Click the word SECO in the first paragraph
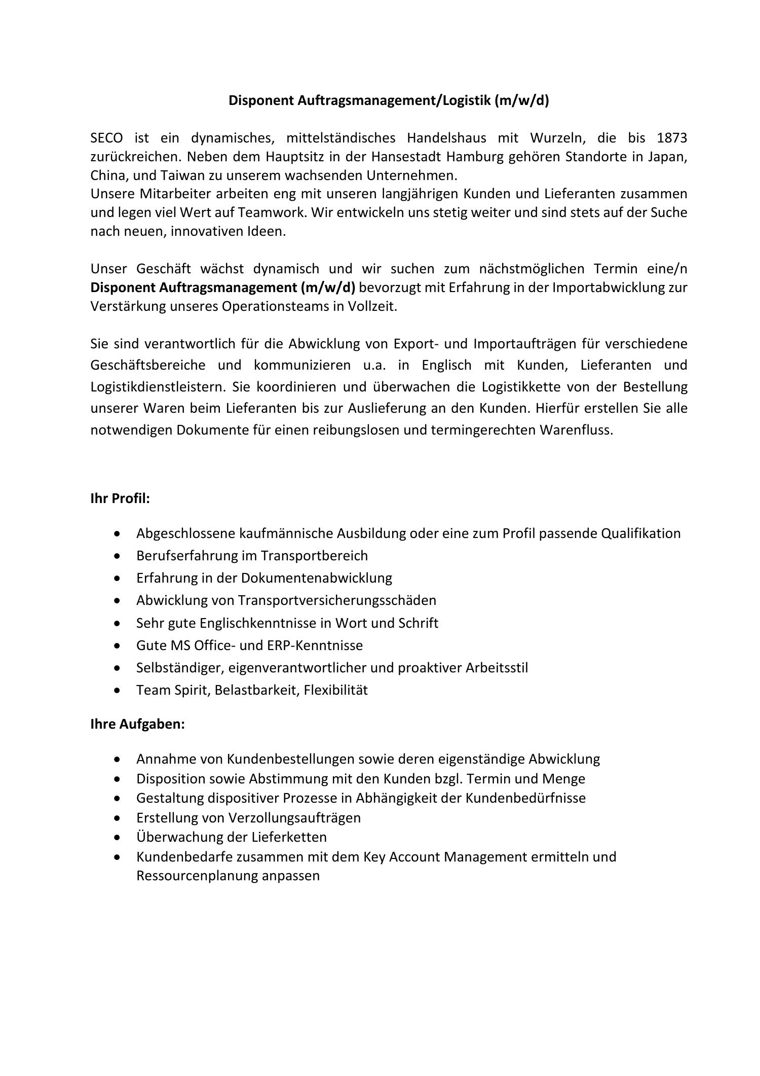pos(106,138)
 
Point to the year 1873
pos(671,138)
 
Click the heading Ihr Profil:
pos(120,498)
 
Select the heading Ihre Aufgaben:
pos(137,724)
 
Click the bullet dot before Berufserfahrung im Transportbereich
pos(118,556)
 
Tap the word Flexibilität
pos(335,690)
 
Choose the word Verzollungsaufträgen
pos(294,817)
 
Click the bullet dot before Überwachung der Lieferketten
pos(118,837)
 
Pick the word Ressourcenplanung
pos(197,876)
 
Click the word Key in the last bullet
pos(374,857)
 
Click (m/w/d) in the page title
pos(522,100)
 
